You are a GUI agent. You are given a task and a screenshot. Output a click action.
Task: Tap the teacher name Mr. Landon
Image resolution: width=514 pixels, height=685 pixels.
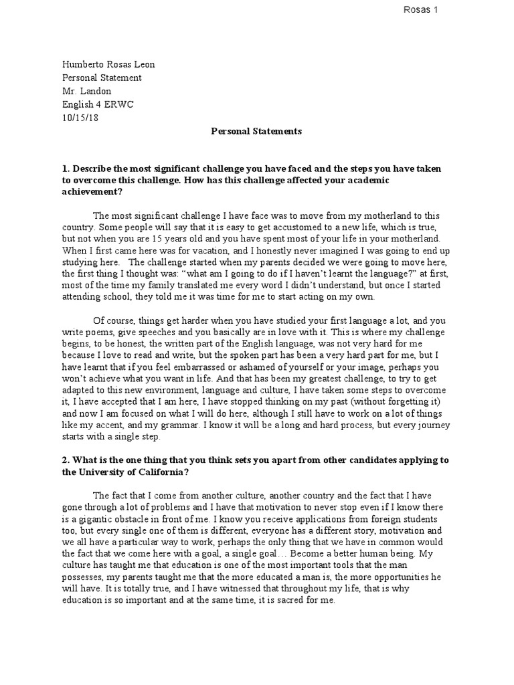point(87,91)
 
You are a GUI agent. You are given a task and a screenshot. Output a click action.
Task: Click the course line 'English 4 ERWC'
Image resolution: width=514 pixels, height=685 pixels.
point(96,104)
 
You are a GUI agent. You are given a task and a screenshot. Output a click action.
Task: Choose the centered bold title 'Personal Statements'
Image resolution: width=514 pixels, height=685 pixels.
point(257,131)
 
